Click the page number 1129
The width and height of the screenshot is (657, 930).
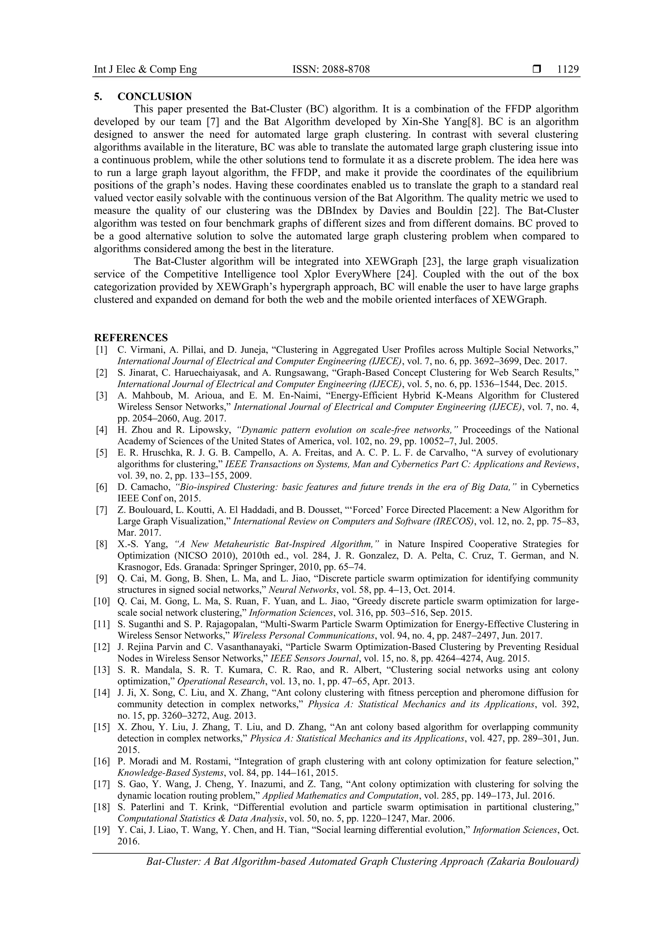click(567, 70)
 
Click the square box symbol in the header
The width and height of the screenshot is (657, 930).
click(537, 70)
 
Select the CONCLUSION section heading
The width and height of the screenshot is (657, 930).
click(155, 96)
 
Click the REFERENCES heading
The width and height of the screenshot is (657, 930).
click(131, 337)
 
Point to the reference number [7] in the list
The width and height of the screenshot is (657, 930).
click(102, 509)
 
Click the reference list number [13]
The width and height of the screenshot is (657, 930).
click(102, 670)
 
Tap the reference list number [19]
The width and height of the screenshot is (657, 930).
click(102, 830)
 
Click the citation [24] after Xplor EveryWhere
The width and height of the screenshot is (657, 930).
click(406, 274)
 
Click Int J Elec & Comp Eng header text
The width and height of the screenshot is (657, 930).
click(145, 70)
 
